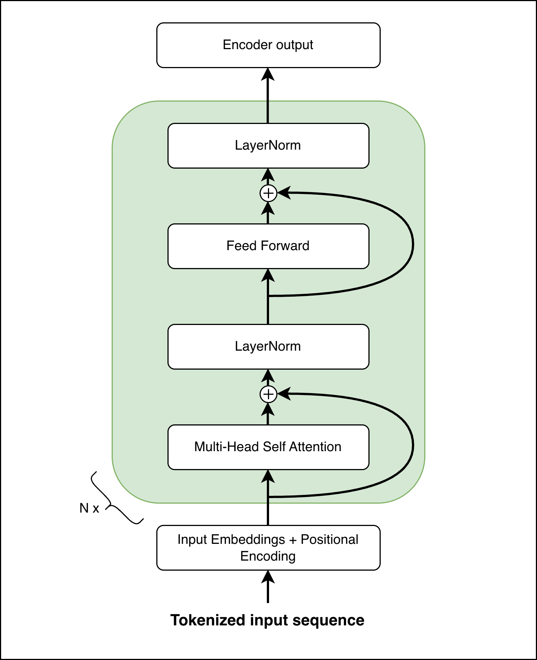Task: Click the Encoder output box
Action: click(268, 45)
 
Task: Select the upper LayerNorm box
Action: click(268, 146)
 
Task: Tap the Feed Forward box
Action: click(268, 246)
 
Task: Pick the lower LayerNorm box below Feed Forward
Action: click(268, 347)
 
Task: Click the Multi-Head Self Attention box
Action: click(268, 447)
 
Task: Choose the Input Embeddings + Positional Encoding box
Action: click(268, 548)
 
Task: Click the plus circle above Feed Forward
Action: click(268, 193)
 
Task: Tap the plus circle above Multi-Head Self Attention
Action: click(268, 394)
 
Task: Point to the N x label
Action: click(89, 508)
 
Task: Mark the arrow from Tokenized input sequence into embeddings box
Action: click(268, 586)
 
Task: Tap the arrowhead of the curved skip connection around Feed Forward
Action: click(284, 193)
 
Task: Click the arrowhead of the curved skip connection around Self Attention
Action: click(284, 394)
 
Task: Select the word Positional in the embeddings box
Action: click(329, 539)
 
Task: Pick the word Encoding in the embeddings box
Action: click(268, 556)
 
